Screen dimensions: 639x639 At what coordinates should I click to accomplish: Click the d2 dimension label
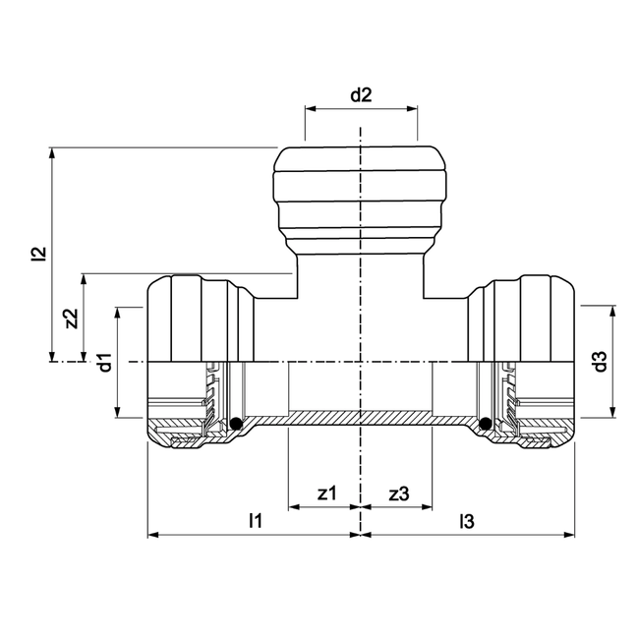click(x=362, y=95)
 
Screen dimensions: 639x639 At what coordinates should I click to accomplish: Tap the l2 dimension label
click(x=40, y=253)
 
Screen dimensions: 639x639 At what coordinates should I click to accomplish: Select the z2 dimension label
click(x=72, y=319)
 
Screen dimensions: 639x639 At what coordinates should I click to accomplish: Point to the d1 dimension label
click(x=105, y=363)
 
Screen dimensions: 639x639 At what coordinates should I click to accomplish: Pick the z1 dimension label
click(x=327, y=494)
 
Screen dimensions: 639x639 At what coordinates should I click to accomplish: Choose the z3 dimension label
click(x=399, y=494)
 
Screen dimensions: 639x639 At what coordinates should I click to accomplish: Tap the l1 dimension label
click(x=256, y=521)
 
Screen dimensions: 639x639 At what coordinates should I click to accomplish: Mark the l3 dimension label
click(x=467, y=521)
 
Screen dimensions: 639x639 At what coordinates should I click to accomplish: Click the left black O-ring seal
click(x=236, y=424)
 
